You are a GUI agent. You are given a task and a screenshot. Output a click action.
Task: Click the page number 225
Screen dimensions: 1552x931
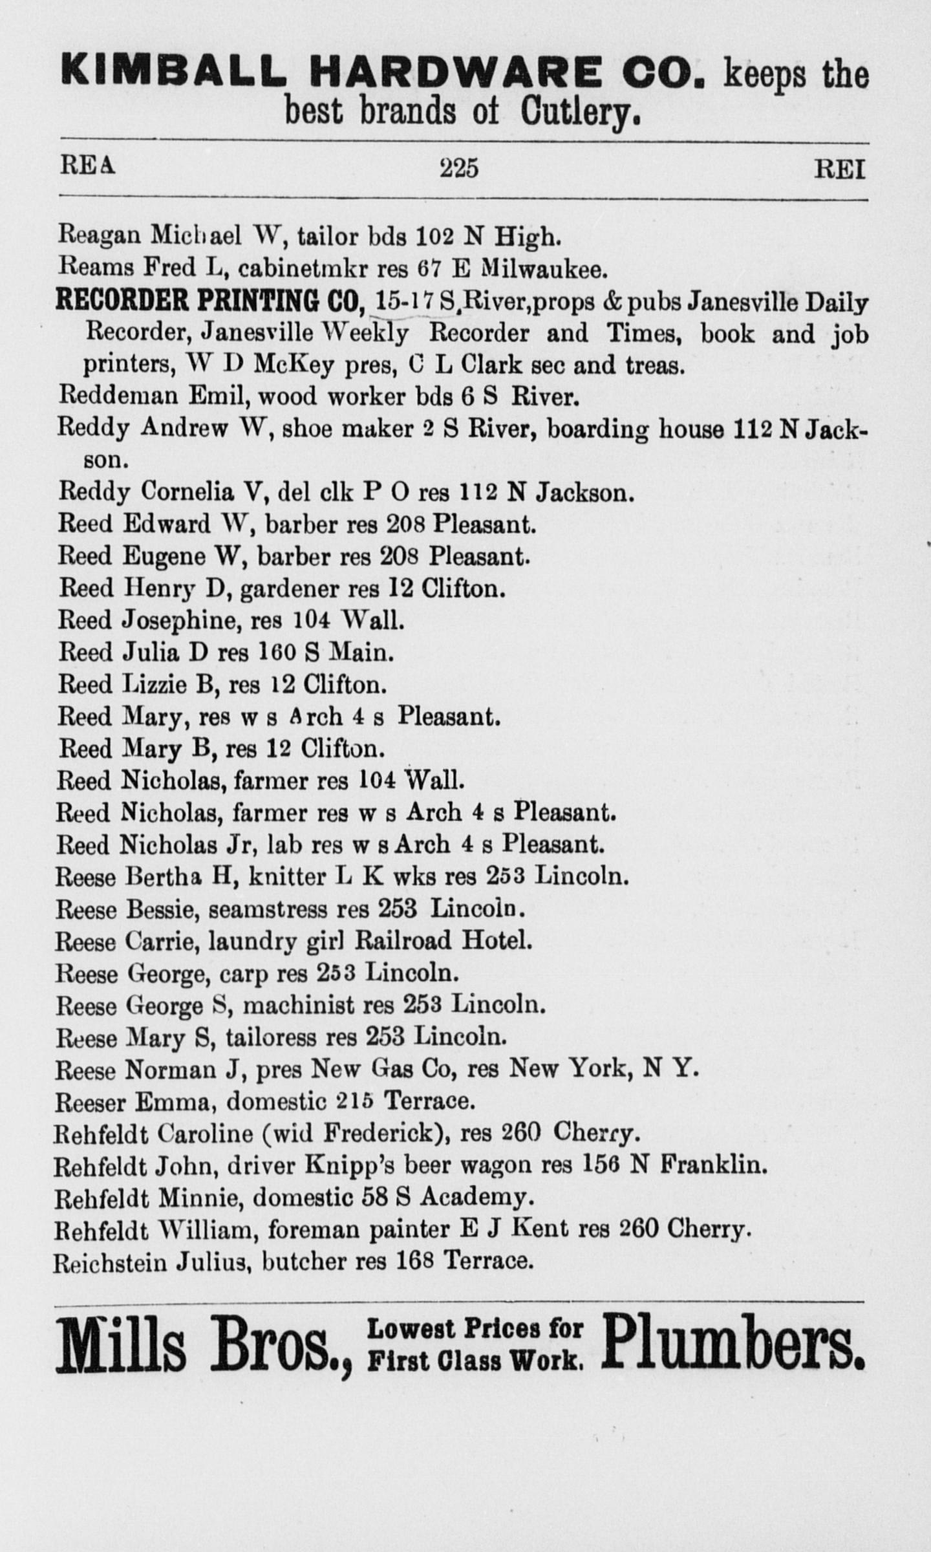tap(459, 168)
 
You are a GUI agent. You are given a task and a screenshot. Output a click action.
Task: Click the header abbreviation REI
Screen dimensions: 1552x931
tap(839, 169)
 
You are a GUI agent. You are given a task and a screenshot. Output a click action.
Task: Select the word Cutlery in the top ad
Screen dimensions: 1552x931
tap(581, 113)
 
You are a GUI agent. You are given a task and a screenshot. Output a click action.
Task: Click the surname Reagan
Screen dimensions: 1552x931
tap(100, 237)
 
